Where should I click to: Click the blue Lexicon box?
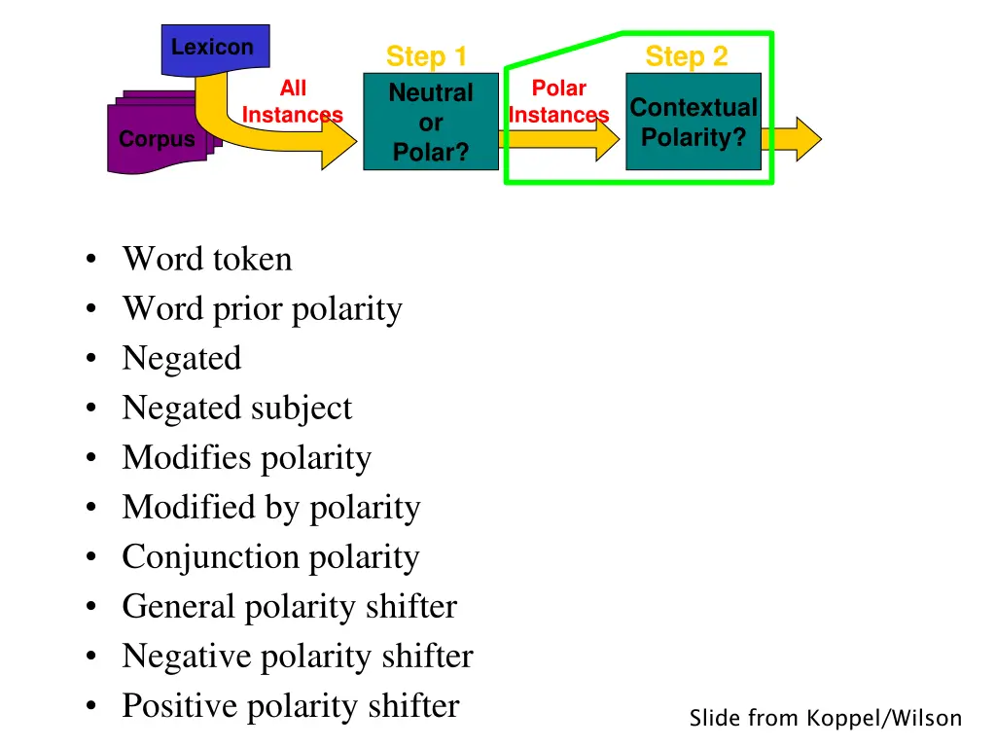(x=213, y=48)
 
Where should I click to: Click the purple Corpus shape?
(x=157, y=140)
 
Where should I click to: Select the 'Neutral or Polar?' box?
(x=431, y=123)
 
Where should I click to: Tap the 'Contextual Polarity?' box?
(x=694, y=123)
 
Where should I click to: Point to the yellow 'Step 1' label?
(x=426, y=56)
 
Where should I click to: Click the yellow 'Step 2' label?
(x=686, y=56)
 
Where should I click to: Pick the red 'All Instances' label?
(x=292, y=102)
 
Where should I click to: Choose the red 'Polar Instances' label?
(x=558, y=102)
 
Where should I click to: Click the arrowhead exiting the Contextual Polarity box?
(x=805, y=139)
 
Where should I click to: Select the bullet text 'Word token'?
(x=206, y=260)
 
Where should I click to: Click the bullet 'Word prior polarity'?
(x=262, y=309)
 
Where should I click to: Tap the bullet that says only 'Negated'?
(x=181, y=359)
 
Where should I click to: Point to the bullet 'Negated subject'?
(x=236, y=409)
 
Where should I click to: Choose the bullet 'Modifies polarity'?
(x=246, y=458)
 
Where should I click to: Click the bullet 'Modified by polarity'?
(x=270, y=508)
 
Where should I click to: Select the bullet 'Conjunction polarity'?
(x=270, y=557)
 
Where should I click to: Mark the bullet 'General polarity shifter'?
(x=289, y=607)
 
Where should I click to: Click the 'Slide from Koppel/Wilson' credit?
(x=825, y=719)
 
